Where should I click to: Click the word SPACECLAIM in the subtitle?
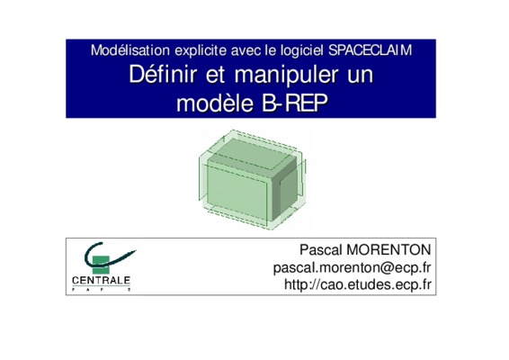click(371, 50)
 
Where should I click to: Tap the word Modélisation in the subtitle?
click(130, 50)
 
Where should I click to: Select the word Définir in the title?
click(163, 75)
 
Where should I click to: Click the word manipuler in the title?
click(287, 76)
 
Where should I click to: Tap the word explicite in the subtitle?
click(201, 51)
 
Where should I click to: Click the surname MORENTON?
click(388, 250)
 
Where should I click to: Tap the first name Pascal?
click(321, 250)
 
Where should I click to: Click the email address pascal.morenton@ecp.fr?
click(353, 267)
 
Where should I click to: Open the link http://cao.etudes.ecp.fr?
click(358, 284)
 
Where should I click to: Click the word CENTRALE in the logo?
click(101, 281)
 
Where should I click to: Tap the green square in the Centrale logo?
click(100, 265)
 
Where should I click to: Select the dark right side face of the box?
click(285, 188)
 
